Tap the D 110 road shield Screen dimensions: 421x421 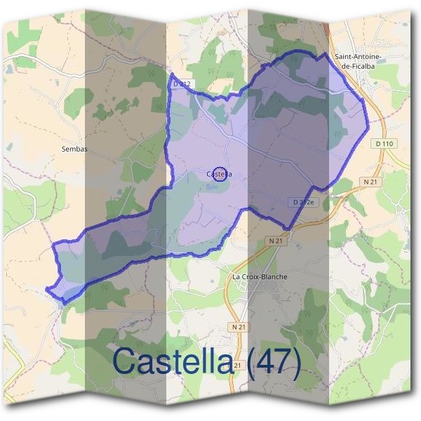[x=384, y=144]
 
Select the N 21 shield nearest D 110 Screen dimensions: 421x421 [x=370, y=181]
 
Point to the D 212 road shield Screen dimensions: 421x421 [x=181, y=84]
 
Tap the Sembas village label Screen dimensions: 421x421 [x=74, y=149]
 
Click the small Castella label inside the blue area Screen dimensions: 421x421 [x=219, y=174]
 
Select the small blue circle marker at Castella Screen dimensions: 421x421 [x=220, y=175]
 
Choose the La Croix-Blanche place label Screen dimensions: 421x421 [x=260, y=276]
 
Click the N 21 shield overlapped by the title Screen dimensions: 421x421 [x=237, y=366]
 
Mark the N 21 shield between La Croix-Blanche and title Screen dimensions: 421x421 [x=239, y=327]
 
